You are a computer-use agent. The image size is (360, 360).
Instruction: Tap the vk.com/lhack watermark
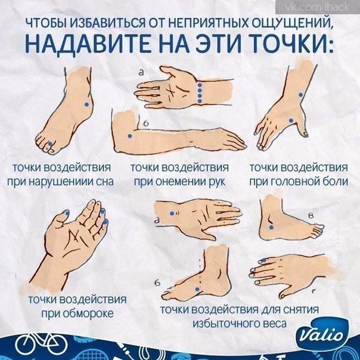click(x=318, y=7)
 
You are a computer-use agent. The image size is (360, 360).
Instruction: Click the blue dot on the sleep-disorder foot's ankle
click(x=86, y=104)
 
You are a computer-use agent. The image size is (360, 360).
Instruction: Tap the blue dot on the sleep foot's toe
click(x=50, y=144)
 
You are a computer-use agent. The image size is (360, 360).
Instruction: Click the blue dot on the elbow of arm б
click(x=130, y=136)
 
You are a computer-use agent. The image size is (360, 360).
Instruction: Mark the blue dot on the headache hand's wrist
click(x=300, y=95)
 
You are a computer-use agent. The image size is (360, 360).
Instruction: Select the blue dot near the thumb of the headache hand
click(x=291, y=120)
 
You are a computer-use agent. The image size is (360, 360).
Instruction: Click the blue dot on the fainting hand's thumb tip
click(x=67, y=213)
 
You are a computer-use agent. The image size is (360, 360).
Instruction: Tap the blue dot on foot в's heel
click(x=271, y=228)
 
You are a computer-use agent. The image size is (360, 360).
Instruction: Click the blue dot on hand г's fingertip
click(x=264, y=260)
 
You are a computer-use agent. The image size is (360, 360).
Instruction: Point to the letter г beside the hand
click(x=314, y=291)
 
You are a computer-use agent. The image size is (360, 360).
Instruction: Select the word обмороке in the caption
click(x=88, y=314)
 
